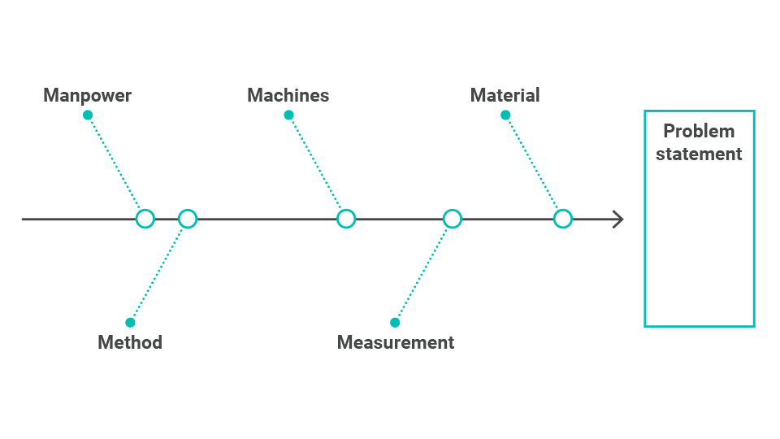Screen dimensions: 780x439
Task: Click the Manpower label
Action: point(87,96)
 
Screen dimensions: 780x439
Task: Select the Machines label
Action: point(288,95)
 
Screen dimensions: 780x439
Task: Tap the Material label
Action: point(505,95)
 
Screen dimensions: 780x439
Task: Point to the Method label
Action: point(130,342)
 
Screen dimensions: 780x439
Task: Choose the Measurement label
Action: point(396,342)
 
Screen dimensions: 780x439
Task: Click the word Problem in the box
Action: point(699,131)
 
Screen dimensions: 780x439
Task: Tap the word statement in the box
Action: point(699,154)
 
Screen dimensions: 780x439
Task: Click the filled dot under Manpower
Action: point(88,115)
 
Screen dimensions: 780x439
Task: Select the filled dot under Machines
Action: point(288,115)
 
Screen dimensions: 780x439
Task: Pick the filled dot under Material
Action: point(505,115)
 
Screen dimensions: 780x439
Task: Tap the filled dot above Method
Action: point(130,323)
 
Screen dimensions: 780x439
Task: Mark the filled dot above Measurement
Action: point(395,323)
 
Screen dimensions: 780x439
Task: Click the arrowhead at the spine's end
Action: point(622,219)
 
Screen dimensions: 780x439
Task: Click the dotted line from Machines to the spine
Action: point(315,163)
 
